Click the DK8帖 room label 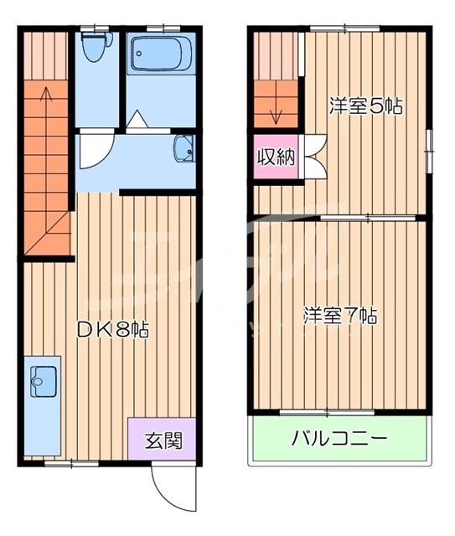113,329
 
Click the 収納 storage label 276,157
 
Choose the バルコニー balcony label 339,438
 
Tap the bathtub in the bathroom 163,55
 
